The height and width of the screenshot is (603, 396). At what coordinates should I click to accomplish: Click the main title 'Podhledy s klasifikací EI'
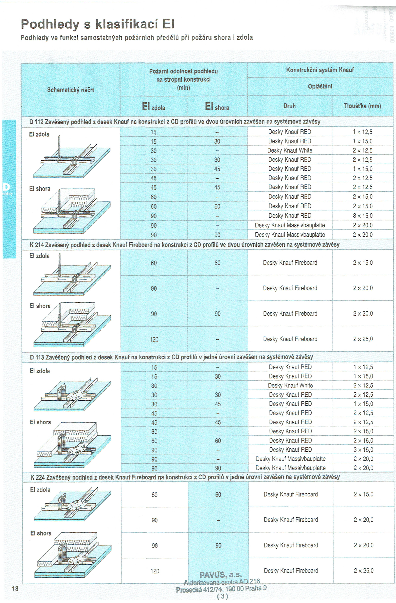coord(98,24)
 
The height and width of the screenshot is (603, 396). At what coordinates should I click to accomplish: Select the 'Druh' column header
coord(290,106)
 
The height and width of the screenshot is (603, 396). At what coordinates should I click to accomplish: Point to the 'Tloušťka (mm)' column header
coord(363,106)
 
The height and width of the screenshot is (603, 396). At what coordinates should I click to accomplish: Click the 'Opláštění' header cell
coord(320,86)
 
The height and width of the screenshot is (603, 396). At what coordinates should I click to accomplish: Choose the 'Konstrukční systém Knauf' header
coord(320,70)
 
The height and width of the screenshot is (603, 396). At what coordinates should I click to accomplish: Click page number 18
coord(15,588)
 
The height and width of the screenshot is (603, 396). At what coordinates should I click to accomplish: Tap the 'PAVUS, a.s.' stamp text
coord(220,575)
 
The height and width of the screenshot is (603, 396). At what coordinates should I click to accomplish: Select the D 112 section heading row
coord(175,122)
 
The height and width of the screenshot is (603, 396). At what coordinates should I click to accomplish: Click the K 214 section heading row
coord(184,245)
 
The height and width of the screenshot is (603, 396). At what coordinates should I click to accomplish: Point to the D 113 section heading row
coord(171,357)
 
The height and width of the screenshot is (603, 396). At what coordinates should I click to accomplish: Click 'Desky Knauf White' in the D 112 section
coord(290,150)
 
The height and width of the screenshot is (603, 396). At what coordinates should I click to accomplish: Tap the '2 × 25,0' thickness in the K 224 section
coord(364,571)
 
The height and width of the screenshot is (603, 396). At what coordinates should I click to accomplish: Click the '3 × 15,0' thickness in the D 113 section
coord(363,450)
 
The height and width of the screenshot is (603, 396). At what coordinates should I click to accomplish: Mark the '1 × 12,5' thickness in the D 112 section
coord(363,132)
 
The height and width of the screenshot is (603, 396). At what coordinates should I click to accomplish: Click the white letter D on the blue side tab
coord(6,187)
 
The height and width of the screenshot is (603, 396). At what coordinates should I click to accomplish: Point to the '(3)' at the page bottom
coord(223,596)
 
